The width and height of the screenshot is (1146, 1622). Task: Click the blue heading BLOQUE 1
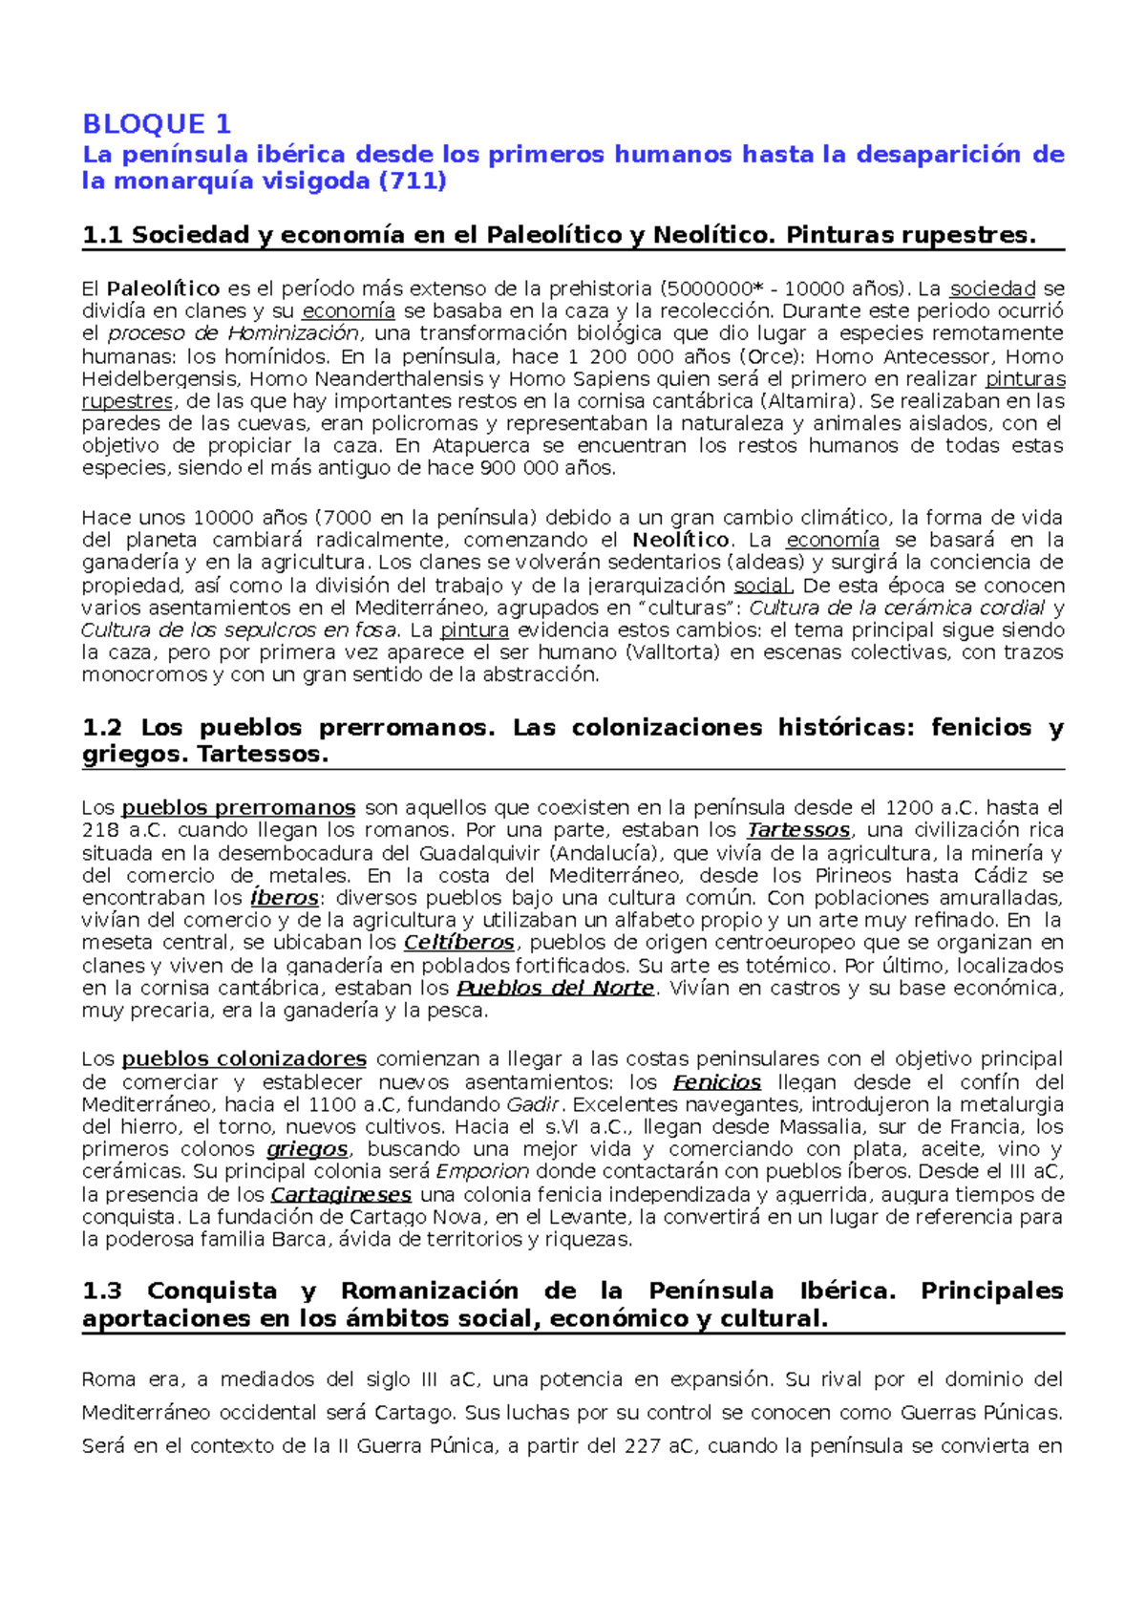pyautogui.click(x=157, y=124)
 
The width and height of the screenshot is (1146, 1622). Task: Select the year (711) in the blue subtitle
pyautogui.click(x=413, y=181)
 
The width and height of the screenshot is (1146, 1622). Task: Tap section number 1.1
pyautogui.click(x=102, y=235)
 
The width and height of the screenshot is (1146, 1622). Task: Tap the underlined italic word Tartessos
pyautogui.click(x=798, y=830)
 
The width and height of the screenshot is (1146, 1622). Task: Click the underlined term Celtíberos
pyautogui.click(x=459, y=943)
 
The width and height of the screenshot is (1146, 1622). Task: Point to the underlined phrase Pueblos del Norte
pyautogui.click(x=556, y=988)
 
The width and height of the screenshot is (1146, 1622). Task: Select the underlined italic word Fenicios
pyautogui.click(x=717, y=1082)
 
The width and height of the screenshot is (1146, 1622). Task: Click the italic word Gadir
pyautogui.click(x=533, y=1104)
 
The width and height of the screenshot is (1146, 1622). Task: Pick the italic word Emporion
pyautogui.click(x=482, y=1172)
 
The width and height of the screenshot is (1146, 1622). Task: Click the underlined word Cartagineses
pyautogui.click(x=341, y=1195)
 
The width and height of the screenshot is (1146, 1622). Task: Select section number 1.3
pyautogui.click(x=102, y=1291)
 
